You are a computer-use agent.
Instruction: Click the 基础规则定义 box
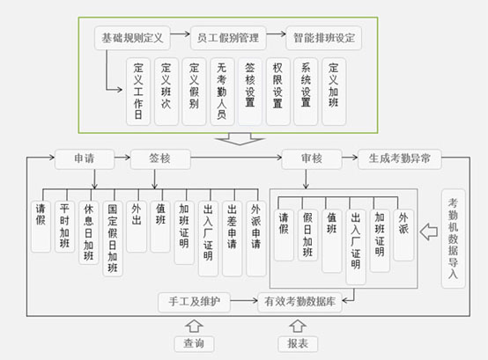(132, 38)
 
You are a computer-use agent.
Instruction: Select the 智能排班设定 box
(323, 38)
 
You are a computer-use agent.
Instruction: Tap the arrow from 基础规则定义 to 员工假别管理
(181, 33)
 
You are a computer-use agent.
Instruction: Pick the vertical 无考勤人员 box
(222, 92)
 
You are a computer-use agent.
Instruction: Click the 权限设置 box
(278, 92)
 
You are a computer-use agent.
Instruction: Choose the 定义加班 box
(334, 92)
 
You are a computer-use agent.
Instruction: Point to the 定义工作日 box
(138, 92)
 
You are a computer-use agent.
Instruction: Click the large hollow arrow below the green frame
(240, 139)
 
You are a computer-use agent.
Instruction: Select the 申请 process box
(85, 158)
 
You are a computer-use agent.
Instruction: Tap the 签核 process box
(160, 158)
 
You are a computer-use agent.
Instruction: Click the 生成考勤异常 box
(400, 158)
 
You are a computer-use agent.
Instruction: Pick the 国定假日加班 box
(113, 239)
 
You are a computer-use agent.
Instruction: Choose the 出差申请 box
(233, 239)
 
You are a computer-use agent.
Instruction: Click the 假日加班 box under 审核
(307, 235)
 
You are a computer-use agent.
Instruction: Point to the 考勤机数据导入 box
(453, 239)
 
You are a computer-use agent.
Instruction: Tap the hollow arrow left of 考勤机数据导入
(429, 231)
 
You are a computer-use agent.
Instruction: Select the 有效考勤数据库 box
(300, 302)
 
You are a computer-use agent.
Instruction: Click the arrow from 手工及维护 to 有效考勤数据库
(244, 301)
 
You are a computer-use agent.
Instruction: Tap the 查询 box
(194, 344)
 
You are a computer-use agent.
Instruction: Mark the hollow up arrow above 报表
(298, 327)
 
